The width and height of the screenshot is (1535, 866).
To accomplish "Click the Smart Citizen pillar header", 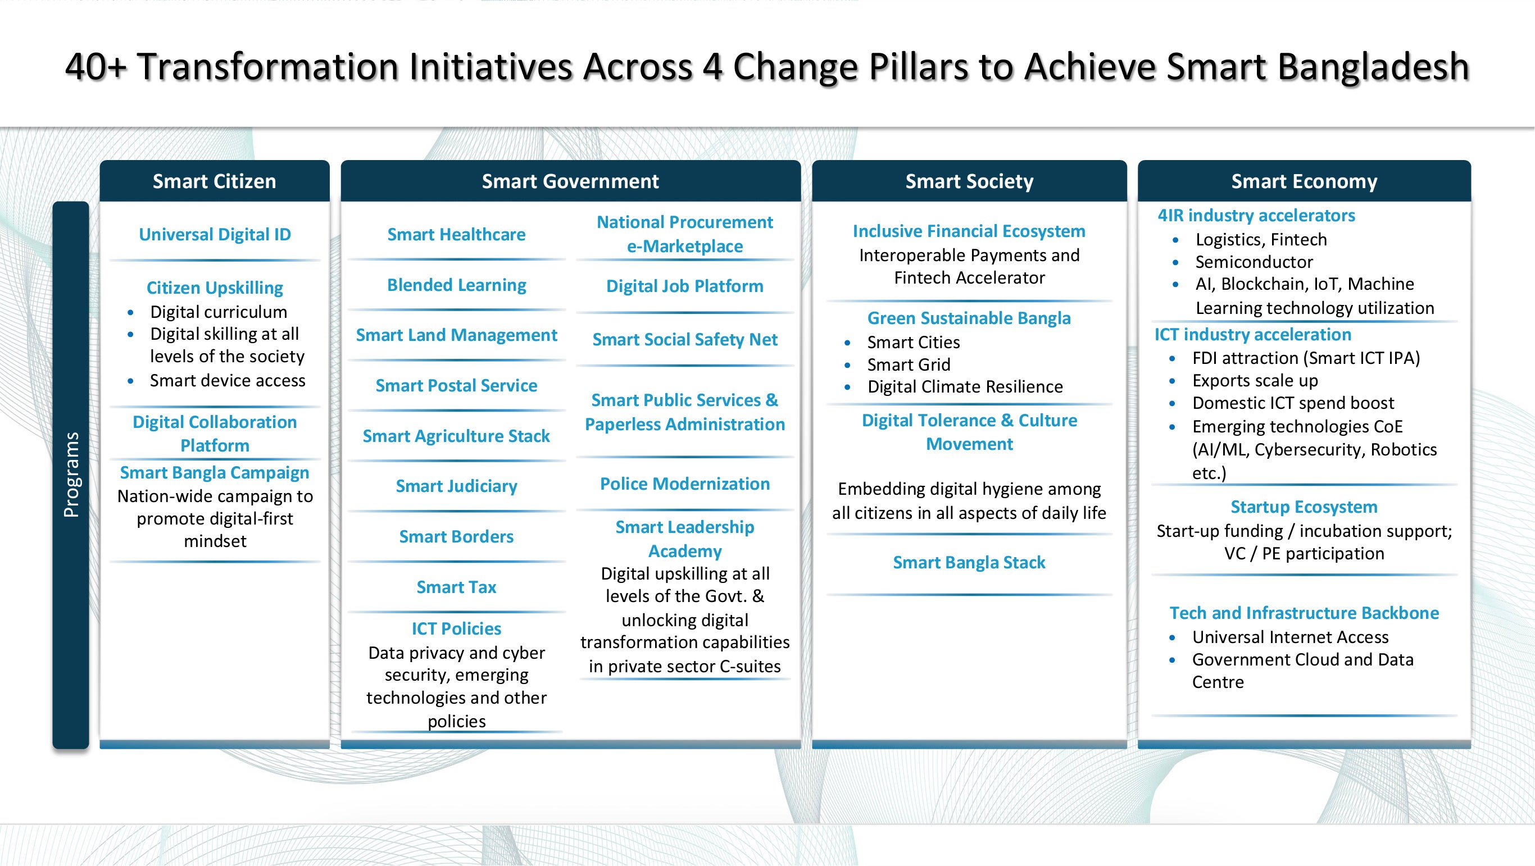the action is pos(215,181).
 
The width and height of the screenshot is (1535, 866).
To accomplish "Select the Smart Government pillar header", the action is pos(570,181).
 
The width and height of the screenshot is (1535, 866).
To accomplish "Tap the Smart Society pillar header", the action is pos(970,181).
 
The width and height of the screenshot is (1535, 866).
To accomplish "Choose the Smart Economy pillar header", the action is pos(1305,181).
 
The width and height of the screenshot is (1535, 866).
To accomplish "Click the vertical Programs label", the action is pos(71,475).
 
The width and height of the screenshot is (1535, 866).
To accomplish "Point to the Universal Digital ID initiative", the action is pos(215,235).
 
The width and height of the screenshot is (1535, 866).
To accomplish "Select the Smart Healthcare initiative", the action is pos(456,235).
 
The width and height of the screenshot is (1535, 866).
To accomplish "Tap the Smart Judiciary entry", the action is pos(456,486).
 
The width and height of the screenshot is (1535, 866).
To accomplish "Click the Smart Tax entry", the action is pos(456,587).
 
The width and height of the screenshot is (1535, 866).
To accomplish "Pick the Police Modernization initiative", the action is pos(685,484).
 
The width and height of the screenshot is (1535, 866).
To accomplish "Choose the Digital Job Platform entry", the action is pos(685,286).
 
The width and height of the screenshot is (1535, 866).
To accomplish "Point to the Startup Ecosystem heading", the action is pos(1305,507).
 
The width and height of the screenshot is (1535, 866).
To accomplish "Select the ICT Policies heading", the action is pos(456,628).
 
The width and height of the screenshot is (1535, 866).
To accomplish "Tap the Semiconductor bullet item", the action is pos(1254,262).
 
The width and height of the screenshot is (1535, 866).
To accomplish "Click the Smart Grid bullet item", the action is pos(909,364).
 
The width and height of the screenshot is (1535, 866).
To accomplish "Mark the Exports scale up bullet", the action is pos(1255,381).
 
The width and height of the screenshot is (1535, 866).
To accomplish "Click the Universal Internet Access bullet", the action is pos(1290,637).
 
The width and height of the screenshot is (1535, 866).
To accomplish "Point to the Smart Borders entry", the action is pos(456,537).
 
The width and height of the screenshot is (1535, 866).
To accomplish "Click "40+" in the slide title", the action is pos(96,66).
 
